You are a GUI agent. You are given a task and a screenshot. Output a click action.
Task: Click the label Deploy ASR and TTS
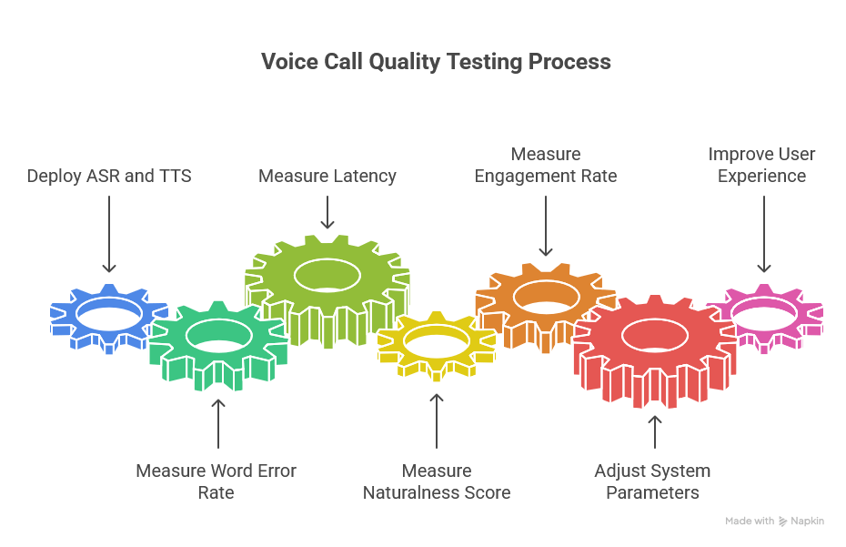tap(109, 176)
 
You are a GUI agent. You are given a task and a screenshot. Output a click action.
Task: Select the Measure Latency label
tap(327, 176)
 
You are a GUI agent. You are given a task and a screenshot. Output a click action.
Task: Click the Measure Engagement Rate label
tap(546, 165)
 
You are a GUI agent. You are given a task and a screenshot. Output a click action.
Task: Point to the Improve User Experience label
tap(762, 165)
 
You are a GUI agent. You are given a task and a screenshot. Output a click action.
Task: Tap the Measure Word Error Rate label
tap(217, 481)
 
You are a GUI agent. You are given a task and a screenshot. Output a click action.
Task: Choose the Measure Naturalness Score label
tap(437, 481)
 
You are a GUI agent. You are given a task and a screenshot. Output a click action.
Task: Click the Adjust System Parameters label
tap(653, 481)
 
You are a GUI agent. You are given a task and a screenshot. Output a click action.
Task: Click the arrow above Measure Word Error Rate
tap(217, 424)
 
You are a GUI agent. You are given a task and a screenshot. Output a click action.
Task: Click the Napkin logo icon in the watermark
tap(782, 522)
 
